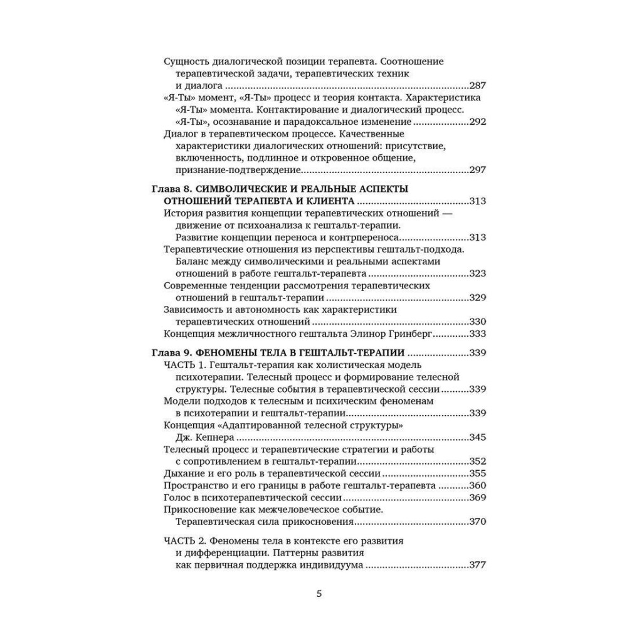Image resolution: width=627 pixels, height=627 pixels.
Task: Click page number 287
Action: tap(478, 86)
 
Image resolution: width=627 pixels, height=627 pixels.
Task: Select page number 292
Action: tap(478, 122)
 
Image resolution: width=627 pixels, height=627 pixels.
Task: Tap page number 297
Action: tap(478, 169)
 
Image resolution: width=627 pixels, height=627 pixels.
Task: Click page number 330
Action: tap(478, 322)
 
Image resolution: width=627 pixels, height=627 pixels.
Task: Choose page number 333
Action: tap(478, 334)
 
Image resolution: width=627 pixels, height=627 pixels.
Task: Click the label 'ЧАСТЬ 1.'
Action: tap(184, 365)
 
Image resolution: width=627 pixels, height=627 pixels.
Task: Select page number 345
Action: tap(478, 438)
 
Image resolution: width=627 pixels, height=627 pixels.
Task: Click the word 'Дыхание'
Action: tap(183, 473)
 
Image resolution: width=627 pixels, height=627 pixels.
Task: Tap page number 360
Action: tap(478, 485)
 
